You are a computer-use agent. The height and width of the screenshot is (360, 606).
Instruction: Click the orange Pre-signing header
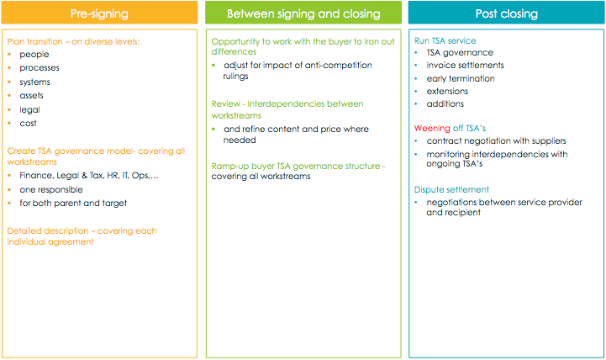[99, 13]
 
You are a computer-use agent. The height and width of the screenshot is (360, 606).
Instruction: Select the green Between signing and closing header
[303, 13]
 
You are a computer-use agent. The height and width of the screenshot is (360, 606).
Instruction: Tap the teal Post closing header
[506, 13]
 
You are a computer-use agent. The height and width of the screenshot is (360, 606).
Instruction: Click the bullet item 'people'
[34, 55]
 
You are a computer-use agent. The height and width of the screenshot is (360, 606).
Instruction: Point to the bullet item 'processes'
[40, 68]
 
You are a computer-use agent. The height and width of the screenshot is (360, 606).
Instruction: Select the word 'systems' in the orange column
[34, 82]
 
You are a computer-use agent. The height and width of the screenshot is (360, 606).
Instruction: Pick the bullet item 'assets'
[31, 96]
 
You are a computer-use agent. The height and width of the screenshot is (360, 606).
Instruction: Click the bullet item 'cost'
[28, 124]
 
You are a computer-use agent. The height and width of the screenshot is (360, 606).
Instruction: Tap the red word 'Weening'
[432, 129]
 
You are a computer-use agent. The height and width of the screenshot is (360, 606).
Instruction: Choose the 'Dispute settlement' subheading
[451, 189]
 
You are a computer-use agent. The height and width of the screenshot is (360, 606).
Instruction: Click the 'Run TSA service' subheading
[445, 40]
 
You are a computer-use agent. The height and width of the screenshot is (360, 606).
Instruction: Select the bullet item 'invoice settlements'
[465, 66]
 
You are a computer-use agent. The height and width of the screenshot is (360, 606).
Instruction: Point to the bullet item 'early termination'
[461, 78]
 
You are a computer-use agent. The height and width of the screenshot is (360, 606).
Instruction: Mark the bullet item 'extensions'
[447, 91]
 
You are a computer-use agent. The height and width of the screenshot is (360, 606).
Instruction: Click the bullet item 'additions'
[445, 104]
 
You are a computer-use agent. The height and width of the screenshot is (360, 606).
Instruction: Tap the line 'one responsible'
[51, 189]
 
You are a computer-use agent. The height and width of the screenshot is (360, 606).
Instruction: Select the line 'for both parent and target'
[73, 204]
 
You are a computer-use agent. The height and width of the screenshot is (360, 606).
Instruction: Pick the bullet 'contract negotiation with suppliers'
[496, 141]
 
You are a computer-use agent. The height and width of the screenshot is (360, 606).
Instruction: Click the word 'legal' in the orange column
[29, 110]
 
